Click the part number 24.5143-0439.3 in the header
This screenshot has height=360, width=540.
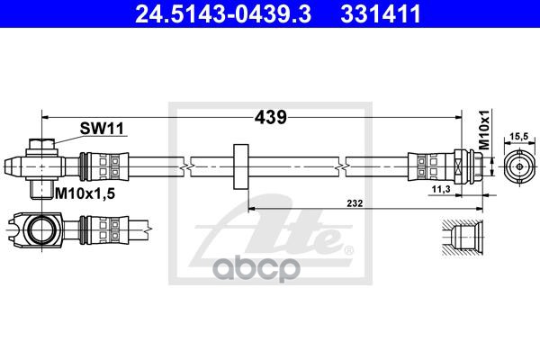[223, 13]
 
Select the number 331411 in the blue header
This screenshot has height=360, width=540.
[381, 13]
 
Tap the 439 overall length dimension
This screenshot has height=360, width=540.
[270, 117]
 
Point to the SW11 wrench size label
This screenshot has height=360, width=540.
[102, 129]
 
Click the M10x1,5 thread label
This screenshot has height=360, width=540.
[85, 194]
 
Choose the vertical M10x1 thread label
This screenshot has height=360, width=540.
[484, 130]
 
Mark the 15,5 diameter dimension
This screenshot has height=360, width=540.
[519, 137]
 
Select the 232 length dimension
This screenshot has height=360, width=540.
[355, 203]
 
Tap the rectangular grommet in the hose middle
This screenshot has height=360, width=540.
[241, 166]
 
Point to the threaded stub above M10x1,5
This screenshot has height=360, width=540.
[41, 190]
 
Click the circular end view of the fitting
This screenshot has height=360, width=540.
[519, 166]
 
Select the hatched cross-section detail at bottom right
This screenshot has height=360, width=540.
[463, 238]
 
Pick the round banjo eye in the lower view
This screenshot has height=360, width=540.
[41, 229]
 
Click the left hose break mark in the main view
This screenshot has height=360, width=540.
[186, 166]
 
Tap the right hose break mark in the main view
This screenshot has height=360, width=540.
[342, 166]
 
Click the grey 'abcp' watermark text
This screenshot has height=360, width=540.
[256, 269]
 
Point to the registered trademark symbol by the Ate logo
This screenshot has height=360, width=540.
[349, 249]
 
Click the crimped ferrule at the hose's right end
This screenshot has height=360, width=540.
[431, 166]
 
